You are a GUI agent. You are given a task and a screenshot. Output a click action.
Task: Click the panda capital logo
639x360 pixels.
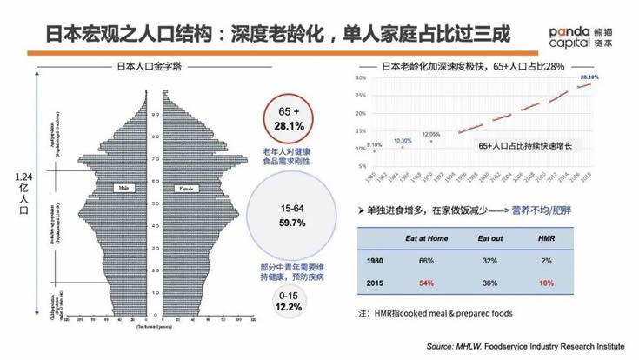(x=588, y=33)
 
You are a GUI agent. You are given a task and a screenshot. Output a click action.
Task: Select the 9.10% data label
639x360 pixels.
(x=375, y=144)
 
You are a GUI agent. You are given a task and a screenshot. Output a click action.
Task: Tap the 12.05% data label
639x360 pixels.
(x=432, y=135)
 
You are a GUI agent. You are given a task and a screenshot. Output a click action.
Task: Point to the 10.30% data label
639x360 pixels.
(x=403, y=140)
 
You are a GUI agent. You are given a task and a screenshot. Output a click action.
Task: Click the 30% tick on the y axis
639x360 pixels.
(x=359, y=79)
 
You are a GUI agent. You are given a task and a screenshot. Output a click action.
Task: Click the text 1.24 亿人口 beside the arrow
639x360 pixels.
(x=23, y=193)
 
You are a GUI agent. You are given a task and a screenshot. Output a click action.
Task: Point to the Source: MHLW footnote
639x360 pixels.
(x=525, y=346)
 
